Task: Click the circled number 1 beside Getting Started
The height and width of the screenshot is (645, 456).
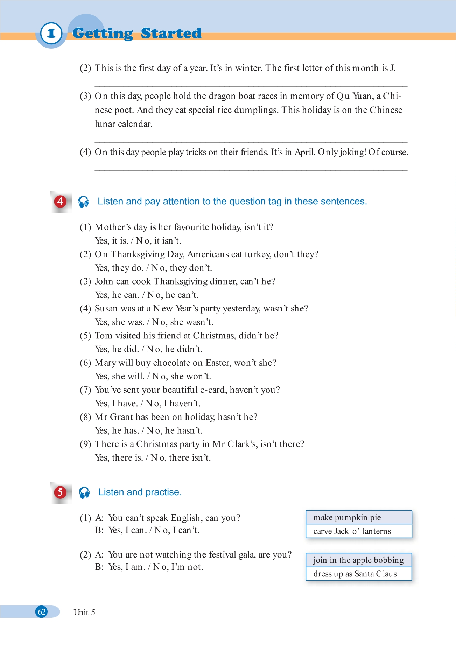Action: (51, 34)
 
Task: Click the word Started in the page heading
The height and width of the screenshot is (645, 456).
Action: (171, 34)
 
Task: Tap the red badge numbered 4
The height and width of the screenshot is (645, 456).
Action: (60, 202)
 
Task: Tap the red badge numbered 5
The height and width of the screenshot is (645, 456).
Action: (60, 492)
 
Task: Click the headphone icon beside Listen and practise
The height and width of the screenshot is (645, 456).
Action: (84, 492)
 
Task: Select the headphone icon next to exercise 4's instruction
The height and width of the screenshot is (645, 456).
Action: (84, 202)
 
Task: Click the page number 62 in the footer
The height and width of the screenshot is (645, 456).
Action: (42, 612)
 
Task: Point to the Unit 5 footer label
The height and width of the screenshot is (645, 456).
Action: (84, 612)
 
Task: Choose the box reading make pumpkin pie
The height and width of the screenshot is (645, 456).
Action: (359, 517)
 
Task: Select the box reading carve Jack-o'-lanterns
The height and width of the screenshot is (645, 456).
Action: (359, 531)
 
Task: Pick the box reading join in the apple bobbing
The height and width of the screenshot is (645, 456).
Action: (359, 560)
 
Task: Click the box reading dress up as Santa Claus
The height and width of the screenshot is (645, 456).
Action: (359, 574)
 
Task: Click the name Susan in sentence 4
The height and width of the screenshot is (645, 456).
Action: (106, 309)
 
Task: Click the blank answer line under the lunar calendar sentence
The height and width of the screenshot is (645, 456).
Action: (251, 142)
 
